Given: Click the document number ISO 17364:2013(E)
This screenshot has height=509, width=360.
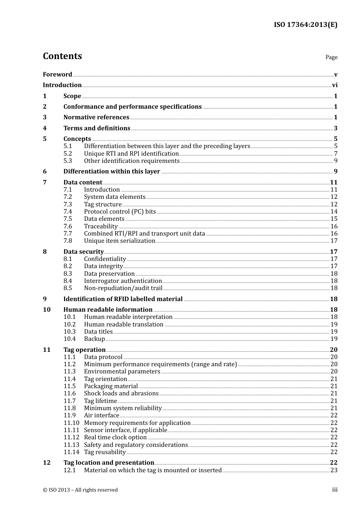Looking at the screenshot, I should point(305,25).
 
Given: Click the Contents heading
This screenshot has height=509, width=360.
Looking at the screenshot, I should point(62,56).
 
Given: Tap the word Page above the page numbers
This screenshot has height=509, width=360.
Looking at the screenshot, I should point(331,57).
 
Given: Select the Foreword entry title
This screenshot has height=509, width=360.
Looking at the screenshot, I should point(57,75).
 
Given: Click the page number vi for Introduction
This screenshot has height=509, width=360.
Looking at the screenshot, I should point(335,85).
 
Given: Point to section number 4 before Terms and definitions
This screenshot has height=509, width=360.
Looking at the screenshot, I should point(45,128).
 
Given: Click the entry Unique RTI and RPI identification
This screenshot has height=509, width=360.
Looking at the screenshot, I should point(131,154).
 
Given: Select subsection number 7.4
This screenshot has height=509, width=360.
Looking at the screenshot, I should point(67,212).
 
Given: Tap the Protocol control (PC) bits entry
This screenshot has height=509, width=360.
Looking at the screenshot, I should point(120,212).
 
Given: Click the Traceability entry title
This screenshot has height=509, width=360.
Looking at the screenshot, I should point(101,226).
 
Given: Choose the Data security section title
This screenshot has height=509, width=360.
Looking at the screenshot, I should point(83,252).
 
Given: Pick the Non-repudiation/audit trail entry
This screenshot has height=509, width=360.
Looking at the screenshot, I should point(123,288).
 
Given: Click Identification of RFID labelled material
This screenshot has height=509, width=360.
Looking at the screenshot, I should point(123,299).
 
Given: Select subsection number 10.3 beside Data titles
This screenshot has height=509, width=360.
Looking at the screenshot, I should point(69,332).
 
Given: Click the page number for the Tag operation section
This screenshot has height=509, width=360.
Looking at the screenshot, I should point(333,350).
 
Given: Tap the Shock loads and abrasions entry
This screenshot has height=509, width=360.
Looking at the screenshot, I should point(121,393).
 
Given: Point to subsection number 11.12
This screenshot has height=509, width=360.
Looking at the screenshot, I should point(71,437).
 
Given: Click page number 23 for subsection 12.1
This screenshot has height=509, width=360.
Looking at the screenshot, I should point(334,470).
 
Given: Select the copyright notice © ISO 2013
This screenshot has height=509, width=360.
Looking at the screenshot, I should point(80,490).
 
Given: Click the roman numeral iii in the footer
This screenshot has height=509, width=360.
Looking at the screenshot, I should point(335,490).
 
